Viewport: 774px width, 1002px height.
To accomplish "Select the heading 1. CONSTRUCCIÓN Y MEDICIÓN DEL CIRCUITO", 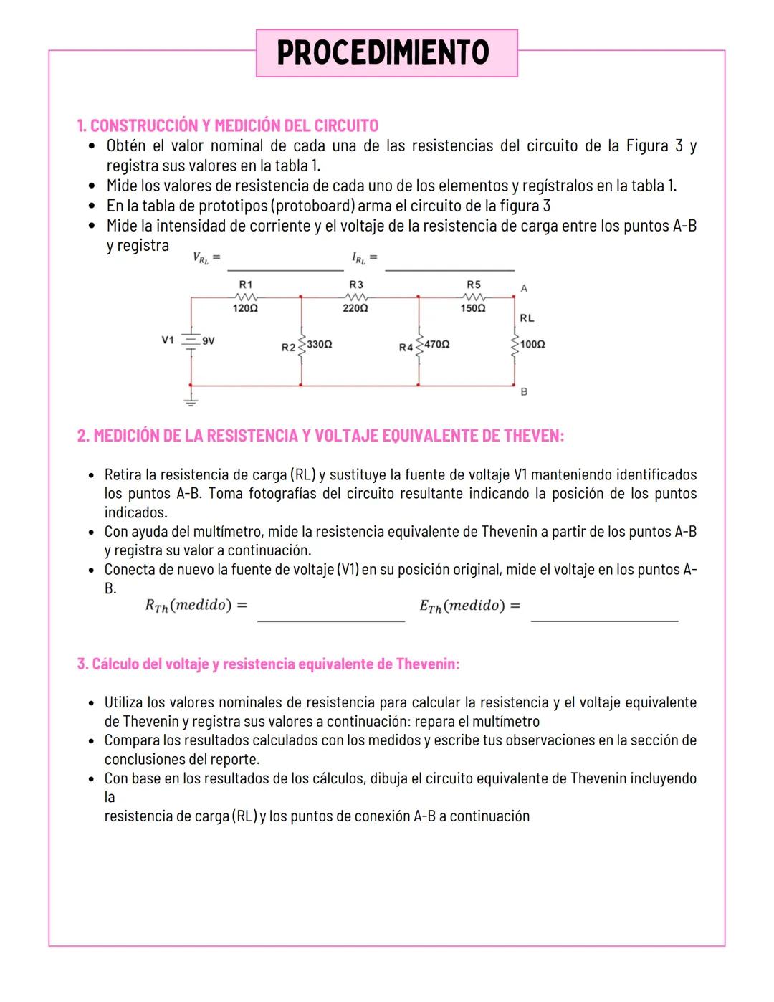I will tap(227, 126).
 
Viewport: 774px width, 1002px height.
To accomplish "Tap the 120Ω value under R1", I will tap(245, 308).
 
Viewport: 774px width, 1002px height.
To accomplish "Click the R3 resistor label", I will tap(355, 285).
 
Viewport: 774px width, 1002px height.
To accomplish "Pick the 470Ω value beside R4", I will tap(436, 345).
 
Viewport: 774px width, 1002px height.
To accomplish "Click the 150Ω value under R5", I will tap(473, 308).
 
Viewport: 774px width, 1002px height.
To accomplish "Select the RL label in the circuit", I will tap(527, 318).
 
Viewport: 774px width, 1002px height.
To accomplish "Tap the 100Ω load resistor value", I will tap(532, 345).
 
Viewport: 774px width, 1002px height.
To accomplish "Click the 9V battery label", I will tap(208, 341).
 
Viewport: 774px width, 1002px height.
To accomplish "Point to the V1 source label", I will tap(168, 340).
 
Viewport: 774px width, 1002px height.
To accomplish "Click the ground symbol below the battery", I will tap(191, 401).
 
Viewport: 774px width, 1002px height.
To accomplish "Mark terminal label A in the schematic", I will tap(524, 289).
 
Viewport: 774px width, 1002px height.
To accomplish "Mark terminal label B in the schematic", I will tap(524, 392).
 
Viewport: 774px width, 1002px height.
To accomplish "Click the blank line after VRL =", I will tap(285, 267).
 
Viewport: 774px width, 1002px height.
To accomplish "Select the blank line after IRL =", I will tap(449, 267).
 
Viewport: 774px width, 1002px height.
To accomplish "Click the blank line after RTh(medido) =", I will tap(330, 618).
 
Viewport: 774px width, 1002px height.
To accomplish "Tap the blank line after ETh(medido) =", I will tap(604, 618).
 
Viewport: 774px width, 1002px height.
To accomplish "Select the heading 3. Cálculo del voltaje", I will tap(268, 664).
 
